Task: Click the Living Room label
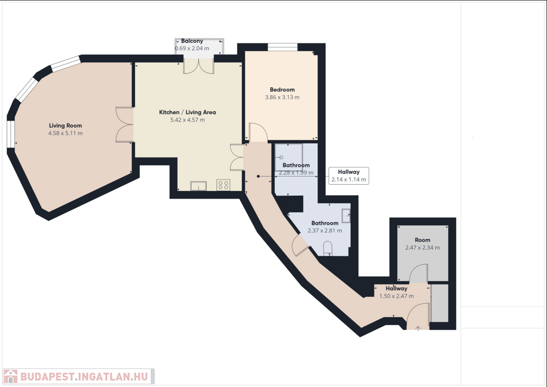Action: (x=66, y=125)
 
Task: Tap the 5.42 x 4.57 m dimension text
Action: (x=187, y=120)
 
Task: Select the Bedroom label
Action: (x=282, y=90)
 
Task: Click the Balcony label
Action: (x=192, y=41)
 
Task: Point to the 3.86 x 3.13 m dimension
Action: (x=282, y=97)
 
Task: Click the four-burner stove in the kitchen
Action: (x=223, y=185)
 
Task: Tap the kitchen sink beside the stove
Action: (x=198, y=186)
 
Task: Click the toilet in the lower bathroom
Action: (x=328, y=249)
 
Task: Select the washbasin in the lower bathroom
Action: (x=346, y=216)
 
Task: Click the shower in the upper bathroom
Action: (x=288, y=157)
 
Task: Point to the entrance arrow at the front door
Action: (x=418, y=328)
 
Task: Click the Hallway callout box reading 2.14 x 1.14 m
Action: (x=349, y=176)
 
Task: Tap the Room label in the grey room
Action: (x=423, y=240)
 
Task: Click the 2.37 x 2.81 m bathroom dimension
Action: (x=325, y=231)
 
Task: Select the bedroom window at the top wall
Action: (x=283, y=47)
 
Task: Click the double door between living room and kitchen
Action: (x=124, y=124)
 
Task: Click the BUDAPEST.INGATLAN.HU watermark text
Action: (x=84, y=377)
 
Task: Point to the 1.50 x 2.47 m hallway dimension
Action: (x=397, y=296)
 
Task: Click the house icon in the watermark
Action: (x=11, y=376)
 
